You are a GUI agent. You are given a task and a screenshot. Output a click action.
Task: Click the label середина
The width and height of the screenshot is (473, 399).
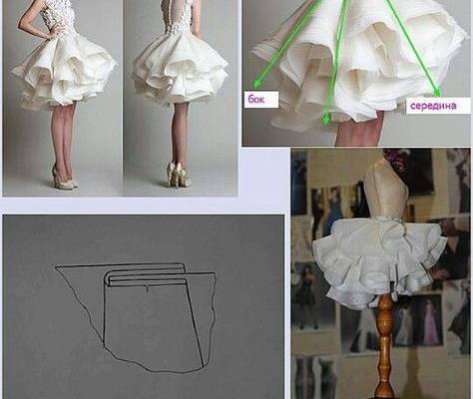pyautogui.click(x=431, y=105)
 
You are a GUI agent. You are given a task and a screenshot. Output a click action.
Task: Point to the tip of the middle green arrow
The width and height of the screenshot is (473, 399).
pyautogui.click(x=326, y=123)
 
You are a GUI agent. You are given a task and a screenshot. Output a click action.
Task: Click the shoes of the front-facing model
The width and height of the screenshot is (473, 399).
pyautogui.click(x=63, y=181)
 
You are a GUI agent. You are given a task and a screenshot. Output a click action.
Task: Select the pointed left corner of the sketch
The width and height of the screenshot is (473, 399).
pyautogui.click(x=57, y=266)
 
